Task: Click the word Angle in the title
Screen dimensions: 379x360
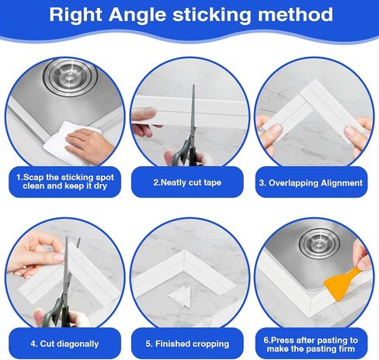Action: click(137, 16)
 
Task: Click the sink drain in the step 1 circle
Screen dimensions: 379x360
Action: click(70, 76)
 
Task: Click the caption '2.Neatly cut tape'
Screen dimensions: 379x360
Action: click(187, 182)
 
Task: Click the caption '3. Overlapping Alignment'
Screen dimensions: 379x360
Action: click(311, 183)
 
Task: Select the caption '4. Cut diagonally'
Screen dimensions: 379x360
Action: click(64, 344)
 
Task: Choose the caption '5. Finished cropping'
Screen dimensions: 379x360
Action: click(187, 344)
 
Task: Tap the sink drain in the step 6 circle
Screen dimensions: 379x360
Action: click(319, 243)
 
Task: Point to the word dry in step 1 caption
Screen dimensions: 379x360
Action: click(100, 186)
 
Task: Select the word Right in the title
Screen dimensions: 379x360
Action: click(75, 16)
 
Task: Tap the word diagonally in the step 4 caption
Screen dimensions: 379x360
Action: click(78, 344)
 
